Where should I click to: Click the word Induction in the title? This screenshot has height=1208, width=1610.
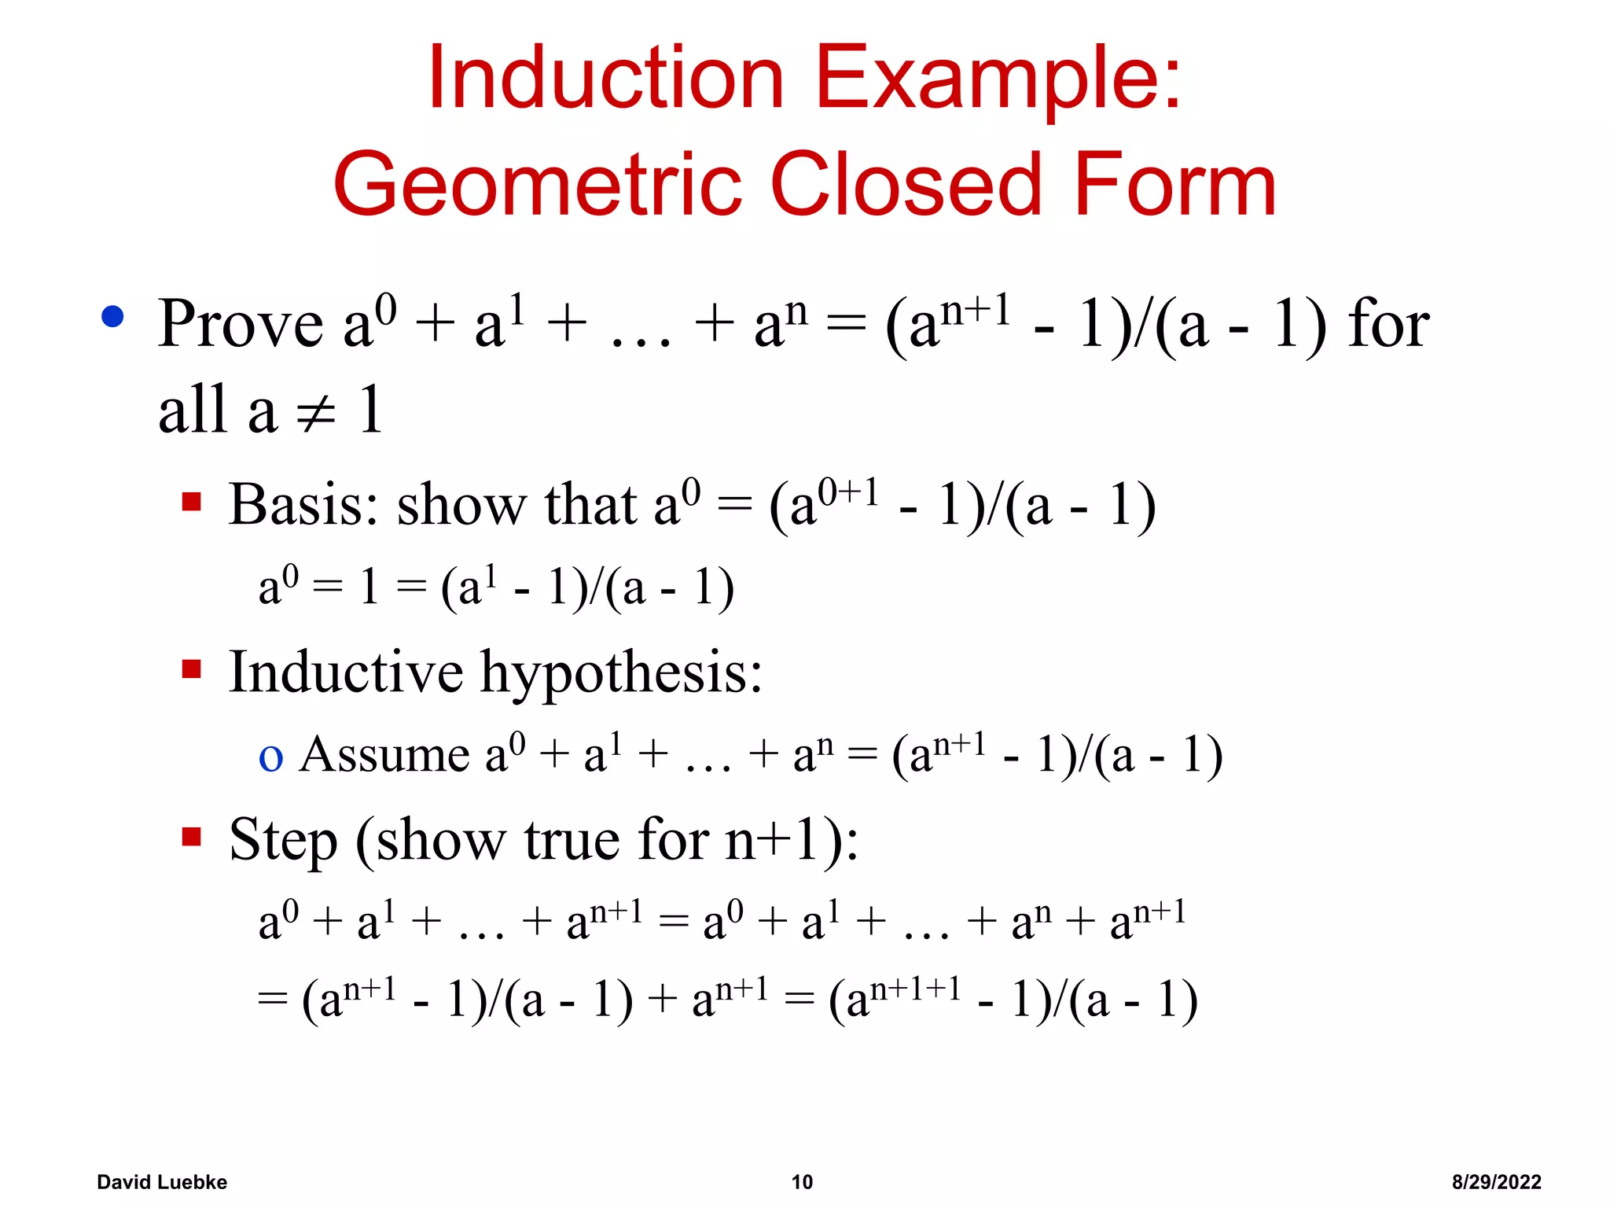[x=605, y=79]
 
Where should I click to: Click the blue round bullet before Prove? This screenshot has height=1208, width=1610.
[x=113, y=316]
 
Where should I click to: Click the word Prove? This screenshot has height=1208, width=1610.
[x=241, y=324]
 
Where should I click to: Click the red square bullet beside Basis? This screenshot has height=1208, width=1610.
[x=191, y=501]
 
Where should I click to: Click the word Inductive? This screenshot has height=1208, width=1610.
[x=346, y=672]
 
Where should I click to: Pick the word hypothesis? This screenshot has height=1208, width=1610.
[x=621, y=675]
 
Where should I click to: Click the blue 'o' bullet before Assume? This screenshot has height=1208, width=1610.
[x=270, y=757]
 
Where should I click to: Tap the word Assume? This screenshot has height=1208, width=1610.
[x=384, y=754]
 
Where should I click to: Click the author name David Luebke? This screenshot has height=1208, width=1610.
[x=162, y=1182]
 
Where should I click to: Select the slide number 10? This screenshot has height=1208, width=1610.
[x=802, y=1182]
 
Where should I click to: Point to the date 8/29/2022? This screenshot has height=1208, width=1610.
[x=1496, y=1182]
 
